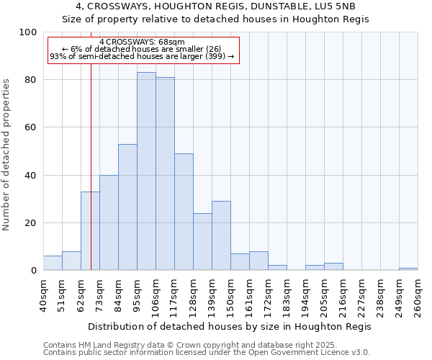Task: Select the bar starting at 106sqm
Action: pyautogui.click(x=165, y=174)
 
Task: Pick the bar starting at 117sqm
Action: pyautogui.click(x=184, y=212)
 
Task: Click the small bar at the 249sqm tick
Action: pyautogui.click(x=408, y=269)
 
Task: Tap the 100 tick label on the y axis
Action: pyautogui.click(x=28, y=32)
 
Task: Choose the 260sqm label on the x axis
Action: pyautogui.click(x=418, y=294)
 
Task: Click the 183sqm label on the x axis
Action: pyautogui.click(x=287, y=294)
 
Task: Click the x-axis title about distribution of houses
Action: pyautogui.click(x=230, y=326)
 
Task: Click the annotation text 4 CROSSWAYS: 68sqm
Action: pyautogui.click(x=143, y=42)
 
